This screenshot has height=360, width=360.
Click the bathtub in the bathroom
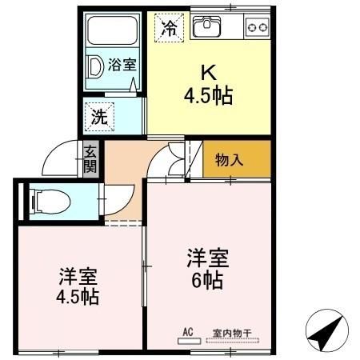coord(112,31)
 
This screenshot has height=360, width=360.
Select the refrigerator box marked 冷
coord(170,28)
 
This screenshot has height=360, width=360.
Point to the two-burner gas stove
coord(257,28)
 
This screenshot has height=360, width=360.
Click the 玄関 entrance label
coord(90,158)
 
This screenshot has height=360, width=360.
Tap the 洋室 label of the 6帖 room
coord(209,258)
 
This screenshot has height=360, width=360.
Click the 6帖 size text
coord(209,281)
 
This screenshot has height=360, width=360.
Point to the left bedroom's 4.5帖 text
coord(78,298)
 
